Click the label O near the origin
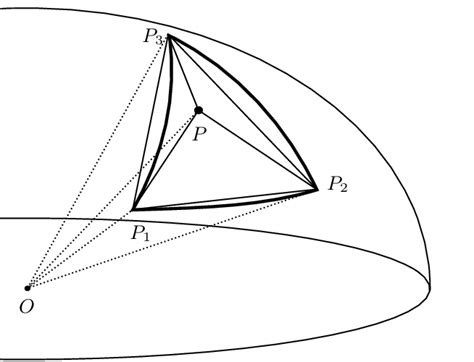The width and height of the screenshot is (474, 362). [x=26, y=306]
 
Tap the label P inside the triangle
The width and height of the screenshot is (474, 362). [x=200, y=133]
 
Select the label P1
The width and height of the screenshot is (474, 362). [x=140, y=231]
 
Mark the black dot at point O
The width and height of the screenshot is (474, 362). [x=28, y=288]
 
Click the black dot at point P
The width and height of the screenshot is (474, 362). [x=198, y=110]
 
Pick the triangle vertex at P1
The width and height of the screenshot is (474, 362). [x=133, y=209]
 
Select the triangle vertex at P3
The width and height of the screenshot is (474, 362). [x=167, y=36]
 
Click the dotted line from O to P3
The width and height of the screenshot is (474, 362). [x=97, y=162]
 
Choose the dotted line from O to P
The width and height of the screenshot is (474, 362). [x=113, y=199]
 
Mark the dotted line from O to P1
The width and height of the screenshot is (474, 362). [x=80, y=248]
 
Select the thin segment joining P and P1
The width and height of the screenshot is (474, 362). [x=165, y=160]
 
